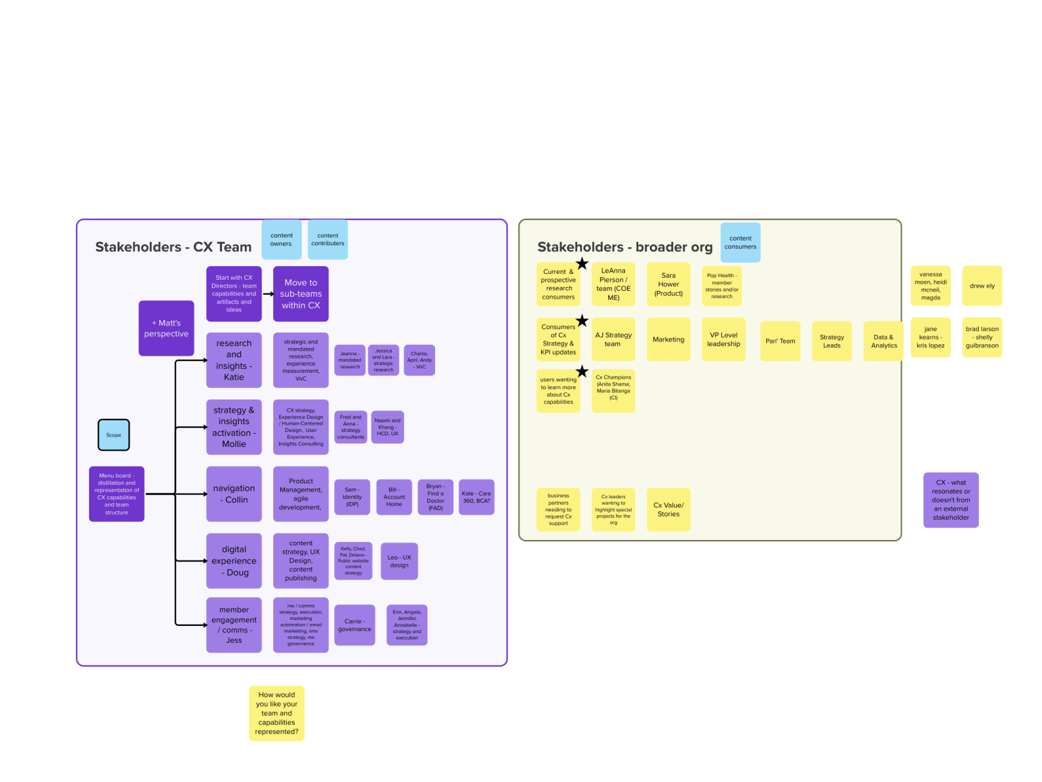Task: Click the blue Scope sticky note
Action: [x=114, y=435]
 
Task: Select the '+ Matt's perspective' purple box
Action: [x=167, y=329]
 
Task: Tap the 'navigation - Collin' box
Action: [x=234, y=494]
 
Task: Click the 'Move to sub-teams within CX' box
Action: [x=301, y=294]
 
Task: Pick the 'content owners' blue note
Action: [x=282, y=239]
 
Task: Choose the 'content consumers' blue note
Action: [x=740, y=243]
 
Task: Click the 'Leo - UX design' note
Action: [x=399, y=561]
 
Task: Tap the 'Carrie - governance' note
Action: [x=354, y=625]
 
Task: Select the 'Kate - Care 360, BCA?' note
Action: [x=476, y=498]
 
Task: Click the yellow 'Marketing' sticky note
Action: [x=669, y=340]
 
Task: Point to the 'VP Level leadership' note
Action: [x=723, y=340]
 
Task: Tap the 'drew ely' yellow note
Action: [x=982, y=286]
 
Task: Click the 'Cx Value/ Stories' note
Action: [x=669, y=509]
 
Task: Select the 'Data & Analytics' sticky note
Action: [x=883, y=341]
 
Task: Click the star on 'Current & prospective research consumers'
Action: [x=582, y=264]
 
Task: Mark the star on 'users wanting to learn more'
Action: [x=582, y=371]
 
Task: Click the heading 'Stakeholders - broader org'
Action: [x=624, y=247]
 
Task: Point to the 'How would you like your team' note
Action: [x=276, y=713]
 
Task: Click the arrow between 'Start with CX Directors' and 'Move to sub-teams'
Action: [x=267, y=294]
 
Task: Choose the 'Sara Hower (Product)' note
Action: [x=669, y=284]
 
